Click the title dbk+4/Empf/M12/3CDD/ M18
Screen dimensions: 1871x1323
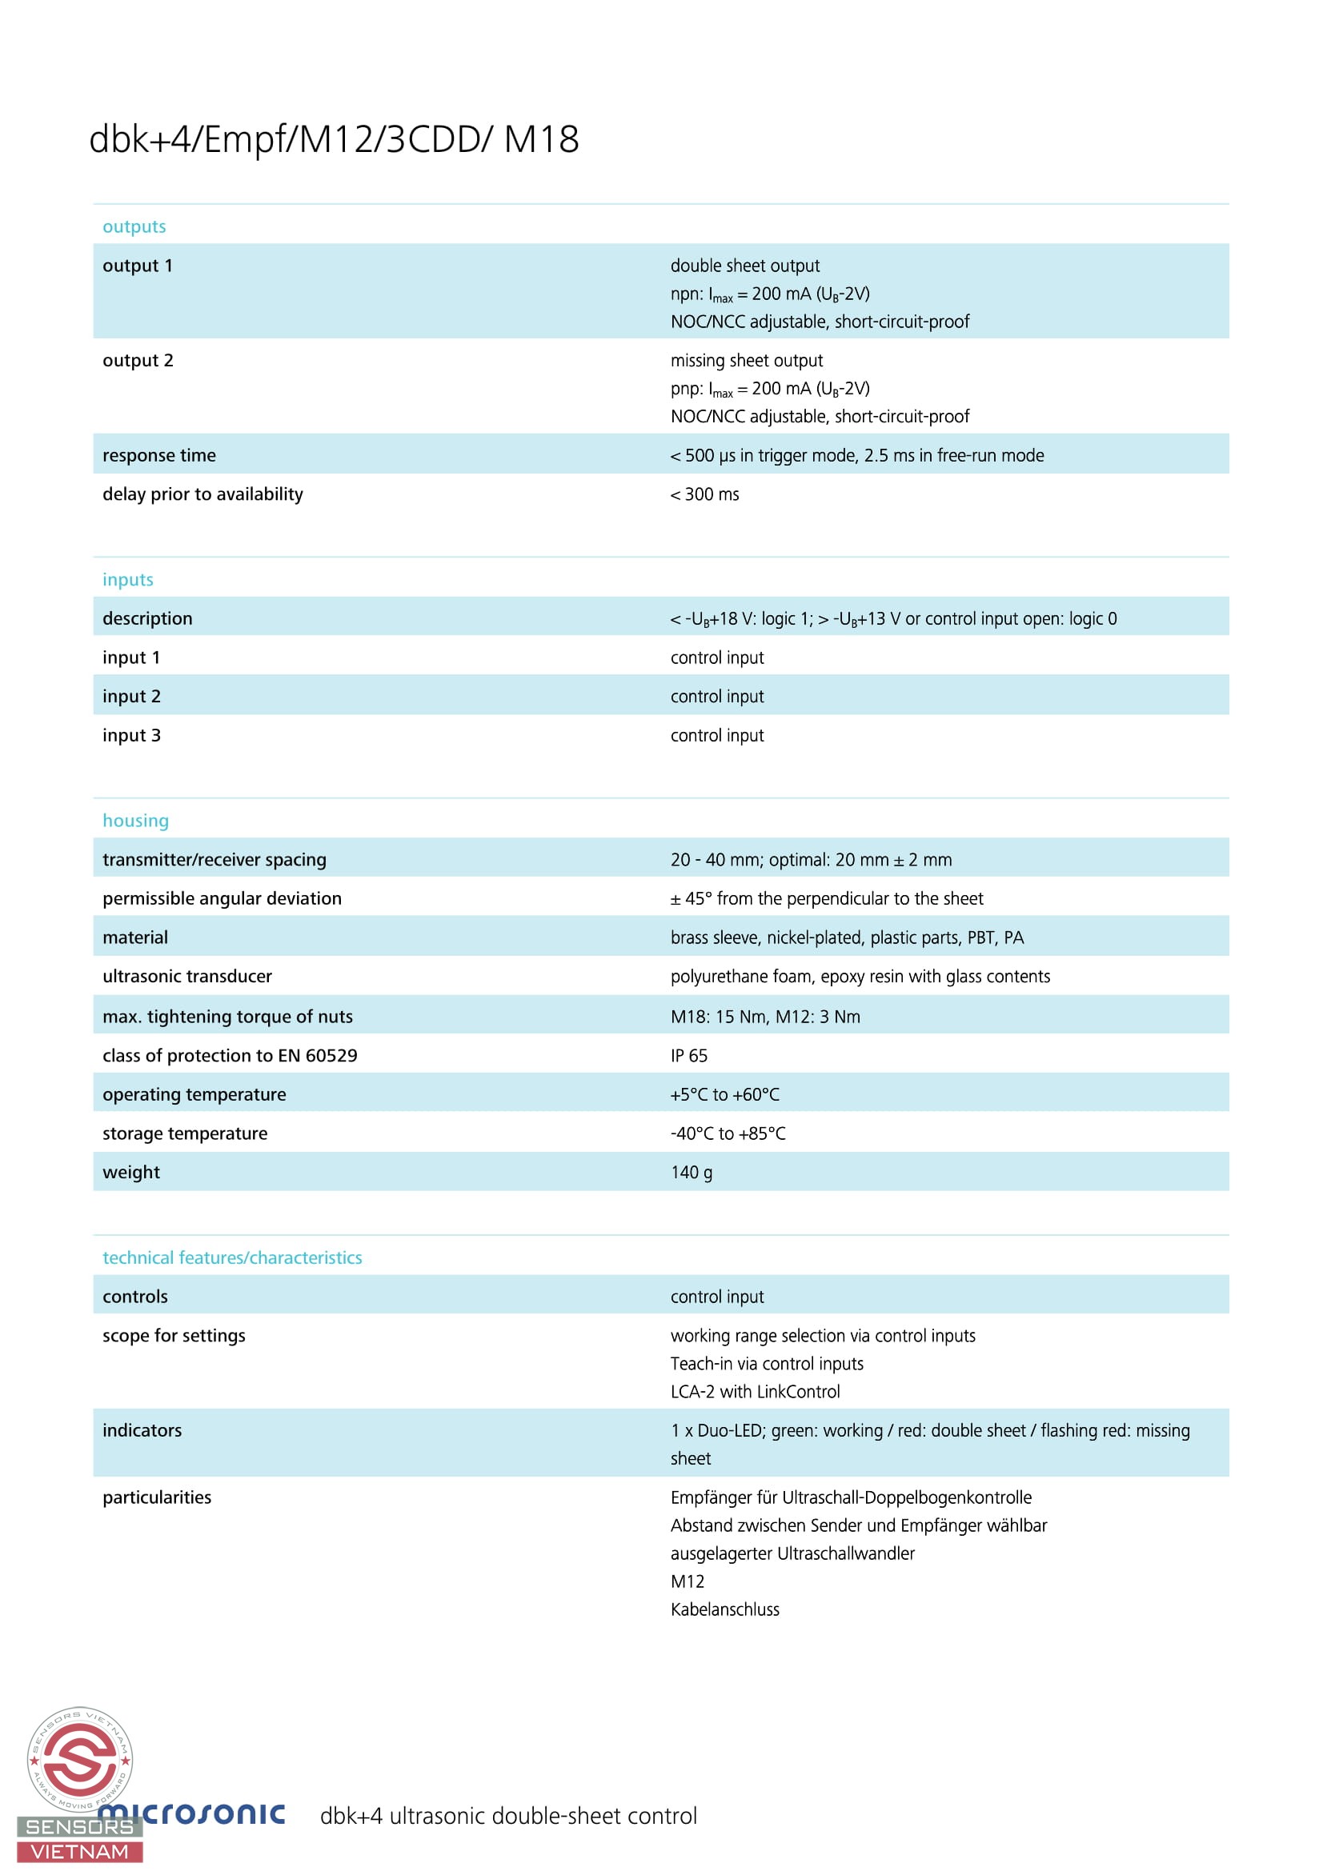click(x=334, y=139)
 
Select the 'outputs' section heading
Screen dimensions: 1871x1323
click(x=134, y=226)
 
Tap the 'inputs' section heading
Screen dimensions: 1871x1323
click(x=128, y=579)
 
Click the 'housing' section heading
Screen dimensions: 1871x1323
click(x=135, y=821)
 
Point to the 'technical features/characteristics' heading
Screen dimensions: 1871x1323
click(x=232, y=1257)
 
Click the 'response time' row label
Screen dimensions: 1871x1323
click(x=159, y=455)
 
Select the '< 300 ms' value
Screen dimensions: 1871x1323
click(x=704, y=494)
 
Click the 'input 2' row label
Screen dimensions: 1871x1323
click(x=131, y=697)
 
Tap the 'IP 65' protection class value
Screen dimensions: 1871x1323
click(x=689, y=1056)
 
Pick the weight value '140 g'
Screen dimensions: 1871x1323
click(x=692, y=1173)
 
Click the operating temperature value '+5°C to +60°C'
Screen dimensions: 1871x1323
click(x=724, y=1095)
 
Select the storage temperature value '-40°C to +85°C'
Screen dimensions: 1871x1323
click(x=728, y=1133)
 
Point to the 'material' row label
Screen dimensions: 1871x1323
click(x=135, y=938)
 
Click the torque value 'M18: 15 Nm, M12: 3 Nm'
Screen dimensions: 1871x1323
click(x=765, y=1017)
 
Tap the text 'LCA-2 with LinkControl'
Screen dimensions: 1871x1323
click(x=755, y=1392)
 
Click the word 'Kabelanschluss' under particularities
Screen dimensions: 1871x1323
click(x=724, y=1609)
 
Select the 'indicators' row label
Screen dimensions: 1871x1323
click(x=142, y=1431)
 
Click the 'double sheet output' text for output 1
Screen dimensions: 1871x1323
click(x=745, y=266)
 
